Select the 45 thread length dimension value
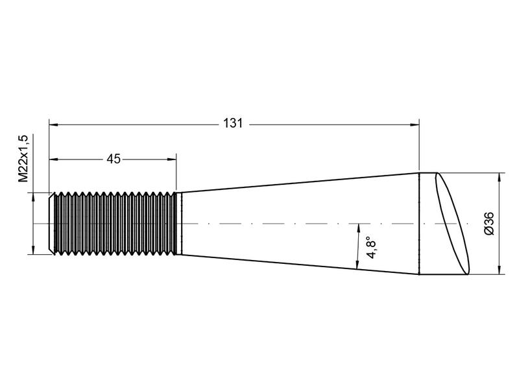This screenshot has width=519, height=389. [x=114, y=159]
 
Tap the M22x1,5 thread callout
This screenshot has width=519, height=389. [x=23, y=159]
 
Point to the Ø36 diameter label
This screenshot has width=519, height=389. [x=490, y=224]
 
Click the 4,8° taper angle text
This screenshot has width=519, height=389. [x=371, y=247]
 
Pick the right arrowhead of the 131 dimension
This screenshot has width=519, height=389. [x=415, y=123]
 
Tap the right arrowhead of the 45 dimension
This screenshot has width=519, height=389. [x=173, y=159]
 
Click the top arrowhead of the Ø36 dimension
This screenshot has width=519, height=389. [x=499, y=176]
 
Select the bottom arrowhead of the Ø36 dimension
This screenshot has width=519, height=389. [x=499, y=271]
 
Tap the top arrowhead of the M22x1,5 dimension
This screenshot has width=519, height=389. [x=32, y=196]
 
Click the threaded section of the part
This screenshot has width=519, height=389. [x=114, y=224]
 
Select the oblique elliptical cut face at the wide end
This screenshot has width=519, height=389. [x=454, y=224]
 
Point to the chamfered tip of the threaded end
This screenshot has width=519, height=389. [x=53, y=224]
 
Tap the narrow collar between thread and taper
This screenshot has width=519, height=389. [x=180, y=224]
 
